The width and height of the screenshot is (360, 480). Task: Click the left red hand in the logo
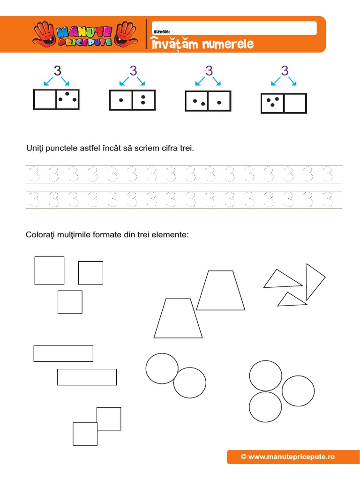tap(44, 34)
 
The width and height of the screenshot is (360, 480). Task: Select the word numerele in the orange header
tap(227, 45)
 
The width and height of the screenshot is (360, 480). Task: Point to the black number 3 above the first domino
tap(57, 71)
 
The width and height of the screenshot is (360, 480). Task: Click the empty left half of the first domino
tap(45, 99)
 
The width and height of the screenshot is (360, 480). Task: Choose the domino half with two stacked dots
tap(143, 100)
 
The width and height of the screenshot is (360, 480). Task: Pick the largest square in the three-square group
tap(49, 270)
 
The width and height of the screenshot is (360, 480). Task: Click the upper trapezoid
tap(220, 291)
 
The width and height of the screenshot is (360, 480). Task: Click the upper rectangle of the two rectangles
tap(63, 353)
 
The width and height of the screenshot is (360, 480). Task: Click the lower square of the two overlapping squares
tap(85, 434)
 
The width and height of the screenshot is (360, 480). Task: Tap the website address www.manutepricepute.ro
tap(287, 456)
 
